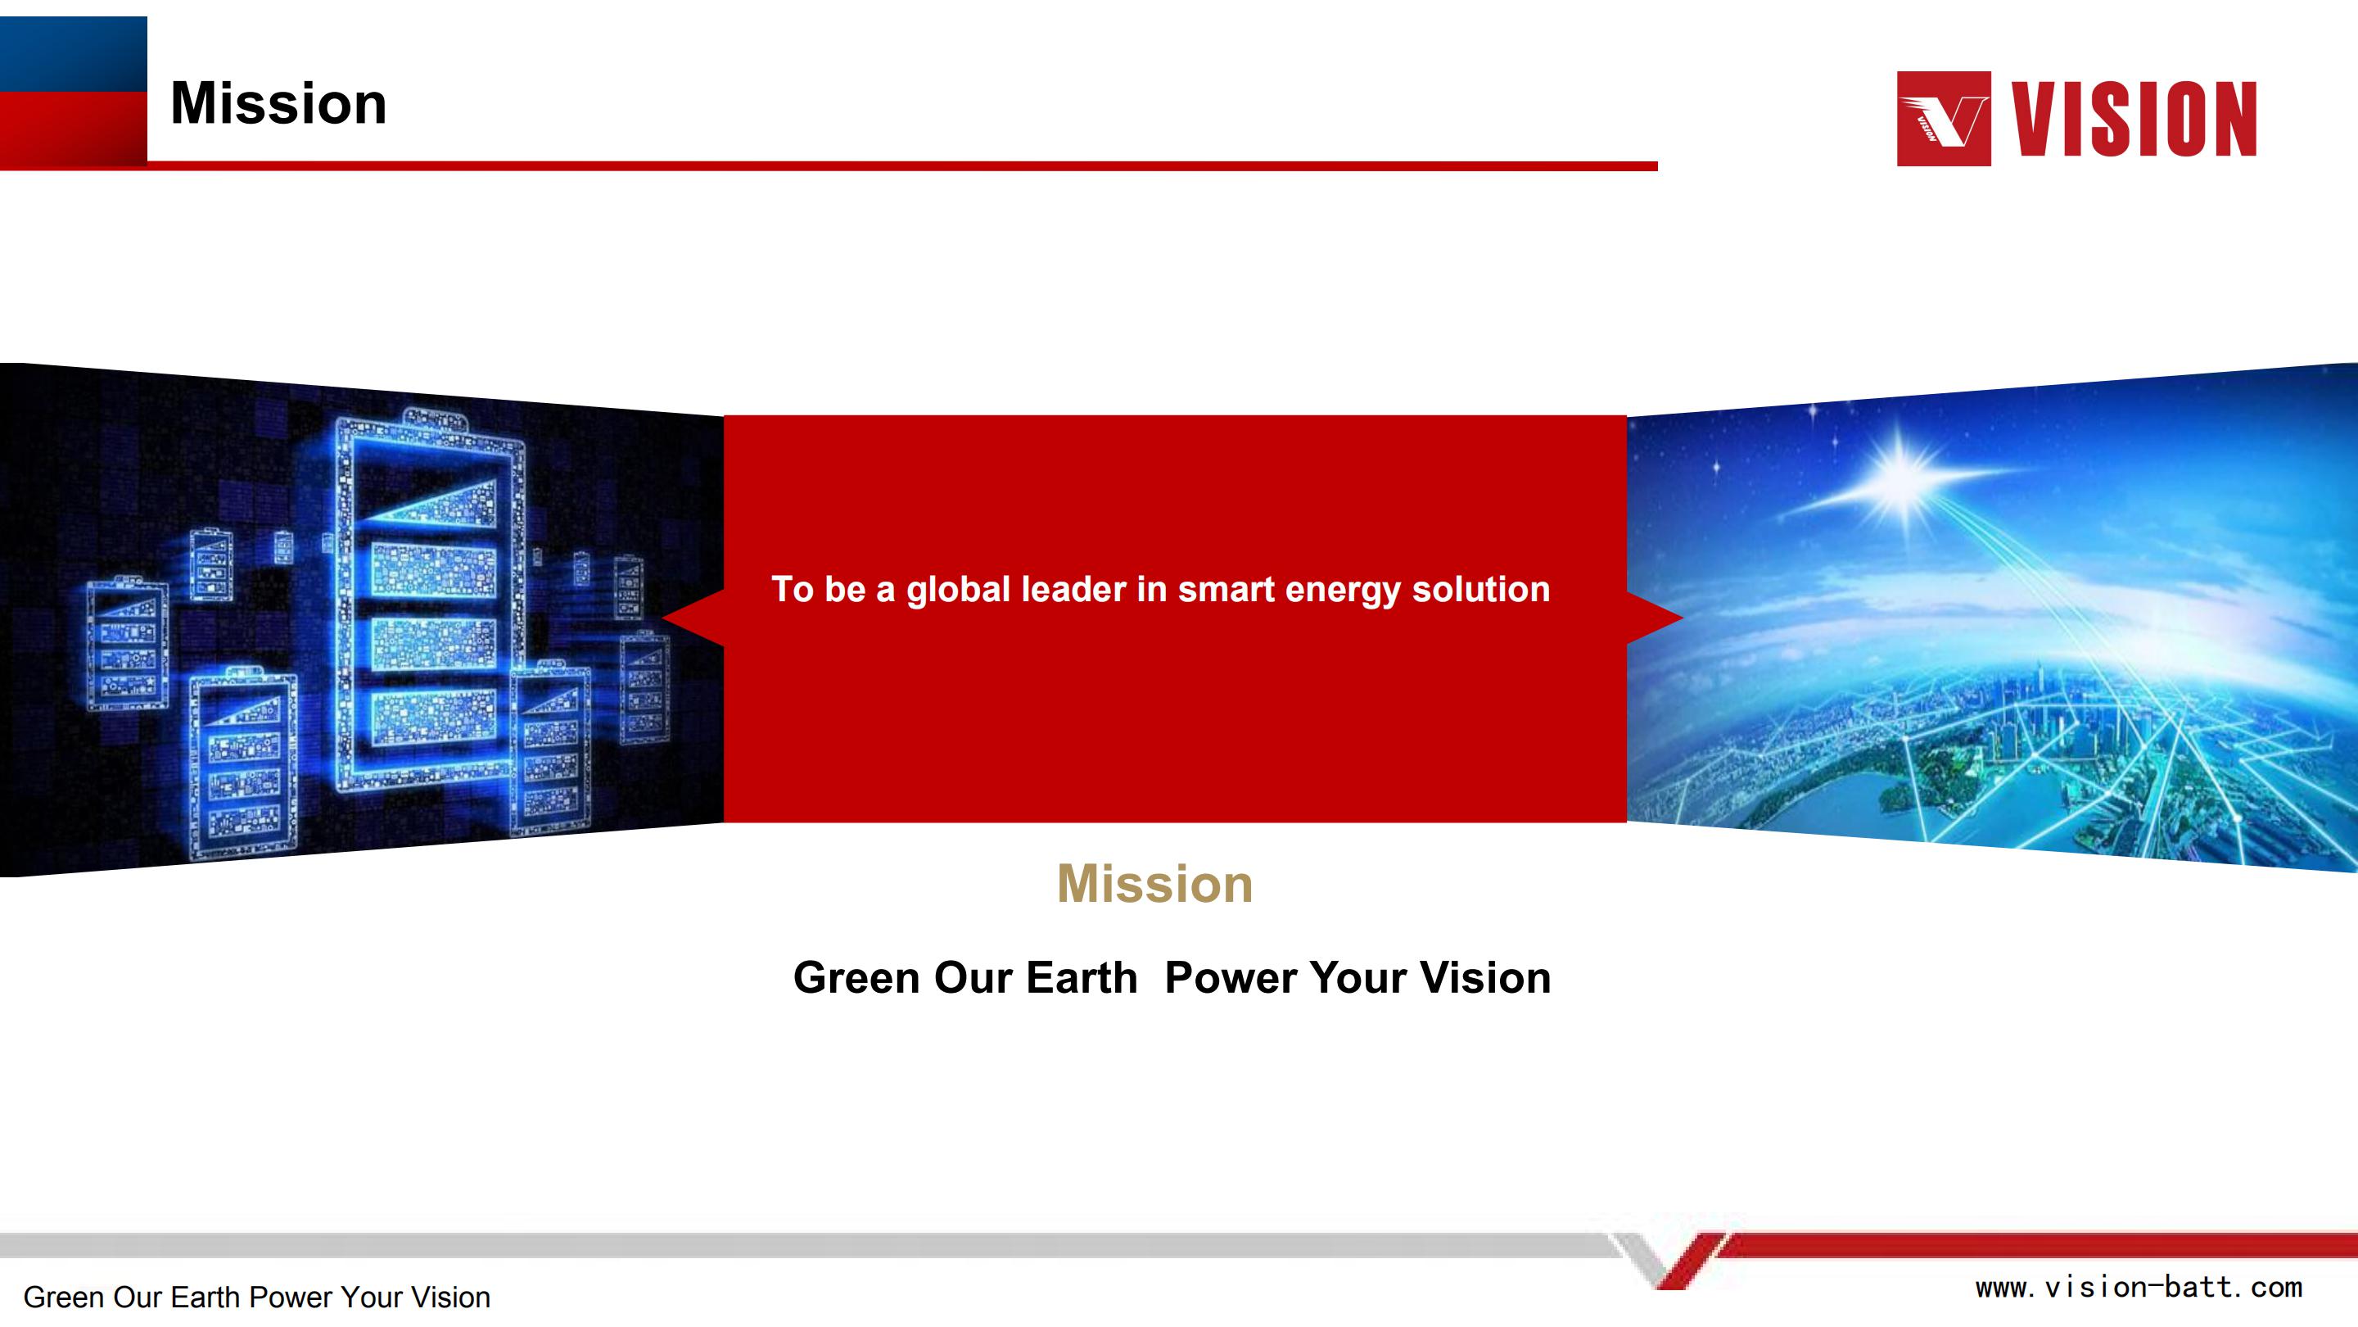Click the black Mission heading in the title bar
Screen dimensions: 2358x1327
pos(278,102)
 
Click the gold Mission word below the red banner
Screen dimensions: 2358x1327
pos(1155,884)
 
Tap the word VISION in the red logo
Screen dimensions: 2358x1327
pos(2134,118)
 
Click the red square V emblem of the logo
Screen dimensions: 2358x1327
pos(1944,118)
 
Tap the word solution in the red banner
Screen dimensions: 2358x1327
pos(1481,589)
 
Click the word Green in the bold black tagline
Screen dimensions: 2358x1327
pos(856,977)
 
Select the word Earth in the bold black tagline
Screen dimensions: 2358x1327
pos(1081,977)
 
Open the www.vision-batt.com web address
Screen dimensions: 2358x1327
pos(2139,1288)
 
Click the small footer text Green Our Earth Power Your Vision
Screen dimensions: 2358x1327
pos(257,1298)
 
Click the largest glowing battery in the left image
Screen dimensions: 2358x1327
pos(430,600)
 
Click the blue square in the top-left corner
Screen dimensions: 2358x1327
pos(73,54)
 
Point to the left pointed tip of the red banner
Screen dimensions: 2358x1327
pos(662,618)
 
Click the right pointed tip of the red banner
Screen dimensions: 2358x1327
pos(1683,618)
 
